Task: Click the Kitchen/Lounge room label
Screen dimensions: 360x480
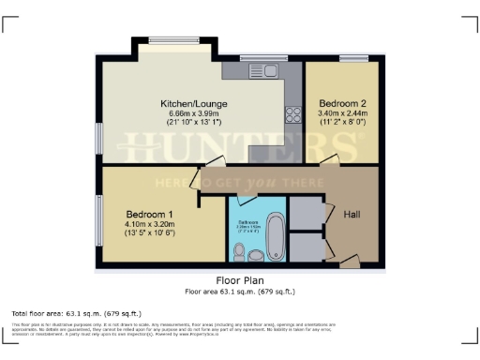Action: [194, 103]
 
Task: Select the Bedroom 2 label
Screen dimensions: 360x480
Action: [340, 103]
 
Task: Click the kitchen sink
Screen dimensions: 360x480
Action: [255, 71]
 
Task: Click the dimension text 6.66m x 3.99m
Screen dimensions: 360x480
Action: [194, 114]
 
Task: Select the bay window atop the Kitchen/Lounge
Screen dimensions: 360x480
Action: [170, 39]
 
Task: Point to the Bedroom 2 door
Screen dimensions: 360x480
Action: [325, 162]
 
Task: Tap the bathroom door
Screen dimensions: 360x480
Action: [247, 199]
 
